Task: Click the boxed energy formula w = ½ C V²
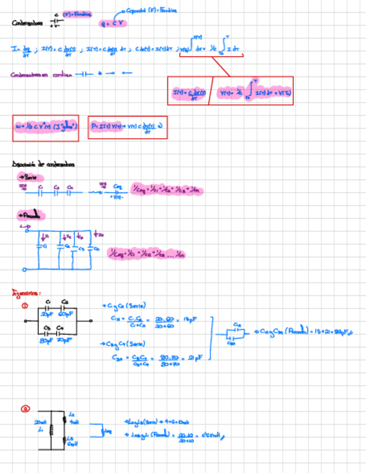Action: pyautogui.click(x=46, y=127)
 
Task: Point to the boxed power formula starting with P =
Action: pyautogui.click(x=127, y=127)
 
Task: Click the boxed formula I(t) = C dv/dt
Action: pyautogui.click(x=189, y=92)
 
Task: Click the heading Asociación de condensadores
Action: pyautogui.click(x=44, y=164)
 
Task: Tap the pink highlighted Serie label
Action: pyautogui.click(x=28, y=176)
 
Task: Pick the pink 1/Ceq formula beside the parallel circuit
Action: pyautogui.click(x=146, y=254)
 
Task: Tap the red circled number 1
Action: pyautogui.click(x=25, y=306)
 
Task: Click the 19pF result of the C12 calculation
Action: pyautogui.click(x=189, y=319)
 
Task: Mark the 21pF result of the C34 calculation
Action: pyautogui.click(x=193, y=356)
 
